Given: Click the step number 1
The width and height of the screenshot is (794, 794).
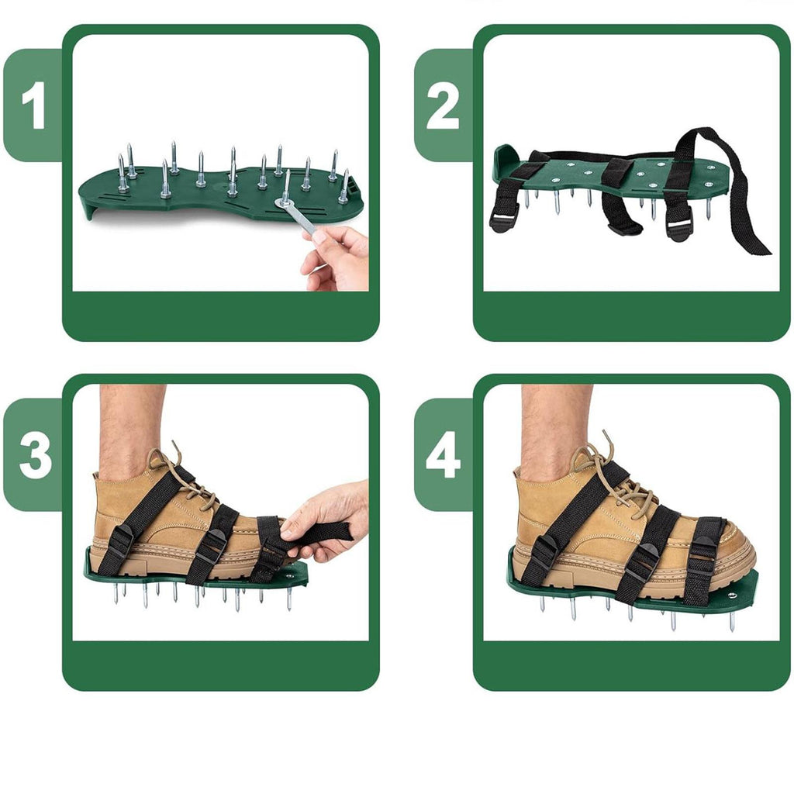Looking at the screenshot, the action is (x=33, y=105).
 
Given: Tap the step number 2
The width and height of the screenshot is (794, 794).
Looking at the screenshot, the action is (x=443, y=105).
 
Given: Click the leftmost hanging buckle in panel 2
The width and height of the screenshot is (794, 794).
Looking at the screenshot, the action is (x=502, y=221).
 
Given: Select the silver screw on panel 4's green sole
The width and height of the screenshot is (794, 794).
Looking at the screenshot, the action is (x=732, y=595).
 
